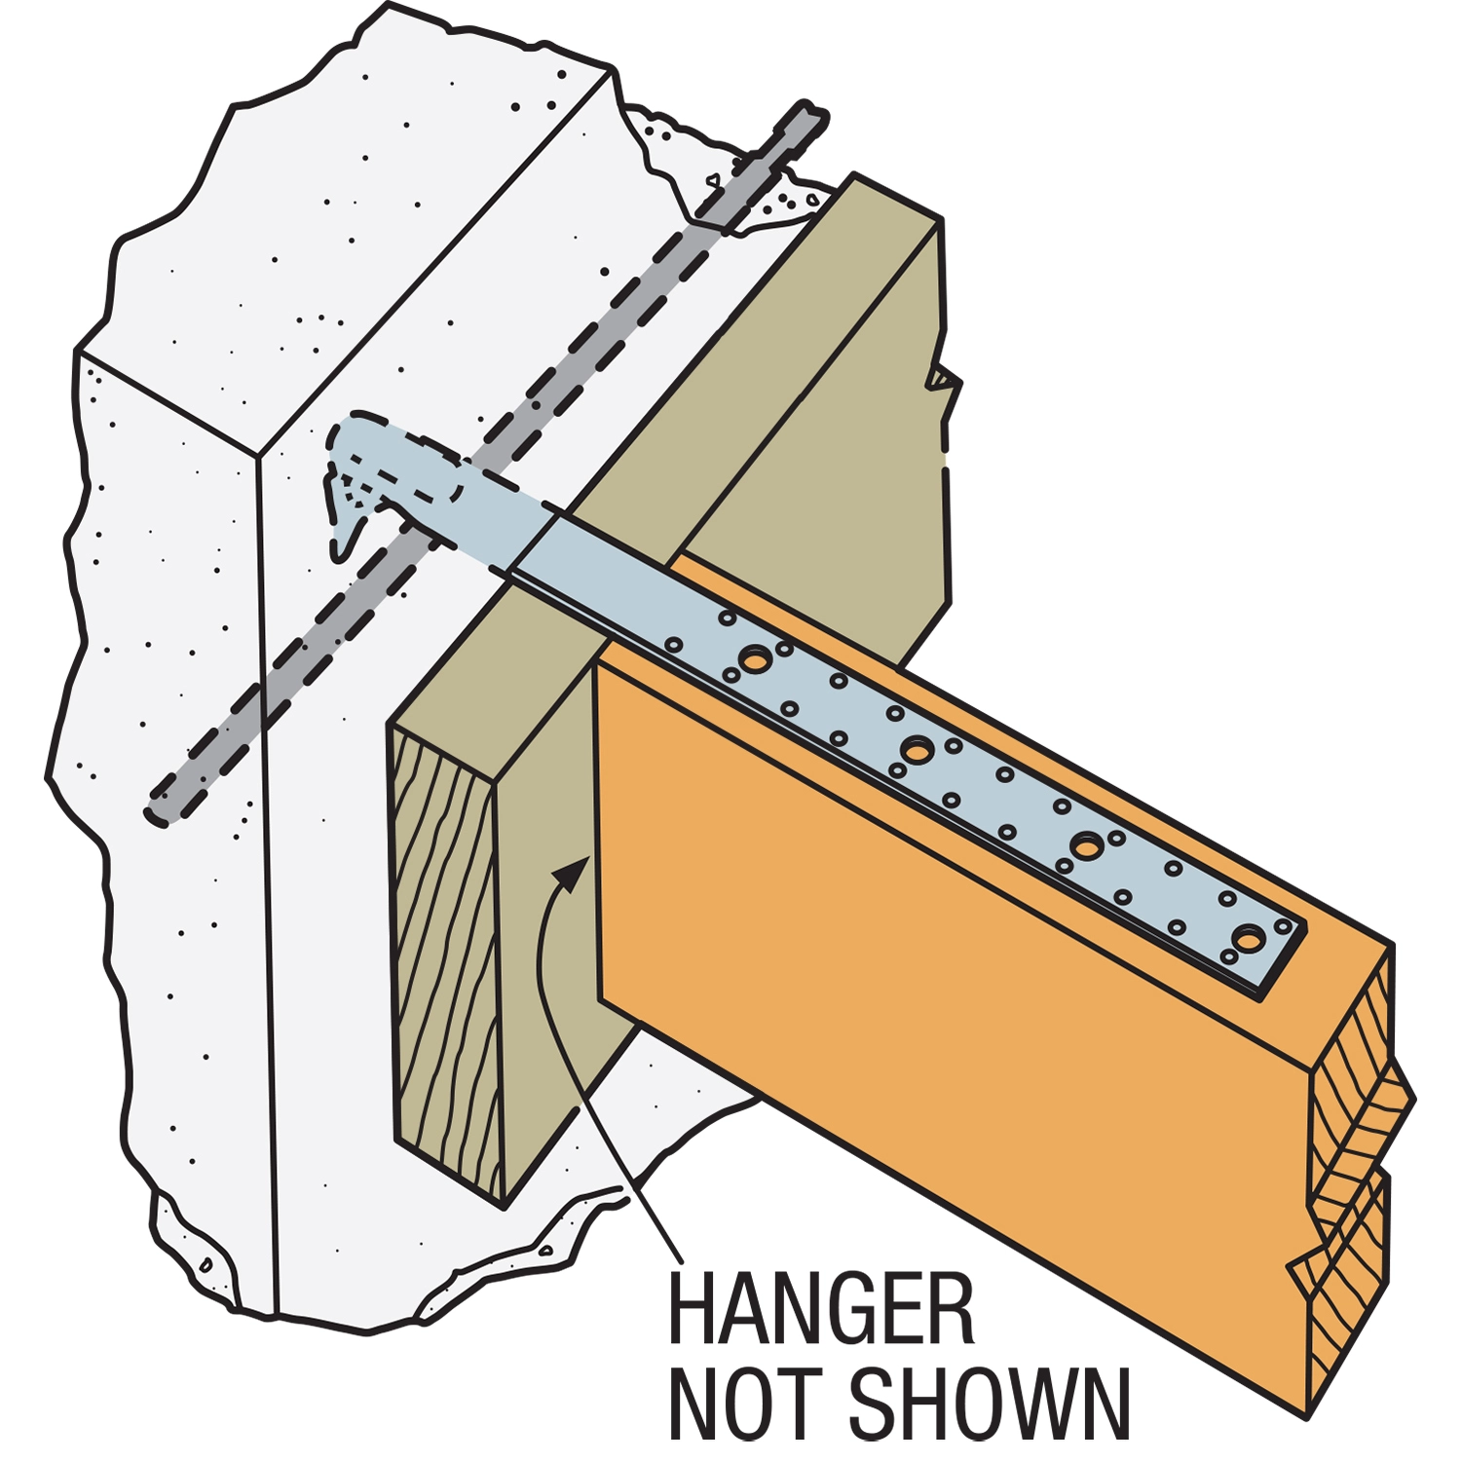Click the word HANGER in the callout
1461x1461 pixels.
tap(821, 1310)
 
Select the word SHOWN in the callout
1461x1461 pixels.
tap(990, 1404)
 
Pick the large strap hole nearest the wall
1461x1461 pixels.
tap(755, 659)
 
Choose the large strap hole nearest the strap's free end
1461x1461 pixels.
tap(1248, 939)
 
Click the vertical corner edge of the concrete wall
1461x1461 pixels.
tap(268, 877)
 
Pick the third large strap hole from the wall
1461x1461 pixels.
tap(1085, 845)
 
